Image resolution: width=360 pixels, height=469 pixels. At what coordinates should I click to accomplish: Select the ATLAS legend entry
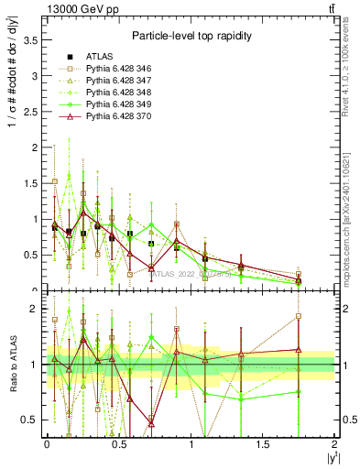point(100,57)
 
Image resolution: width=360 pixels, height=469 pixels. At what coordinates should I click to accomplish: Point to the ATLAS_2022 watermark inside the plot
point(189,274)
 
